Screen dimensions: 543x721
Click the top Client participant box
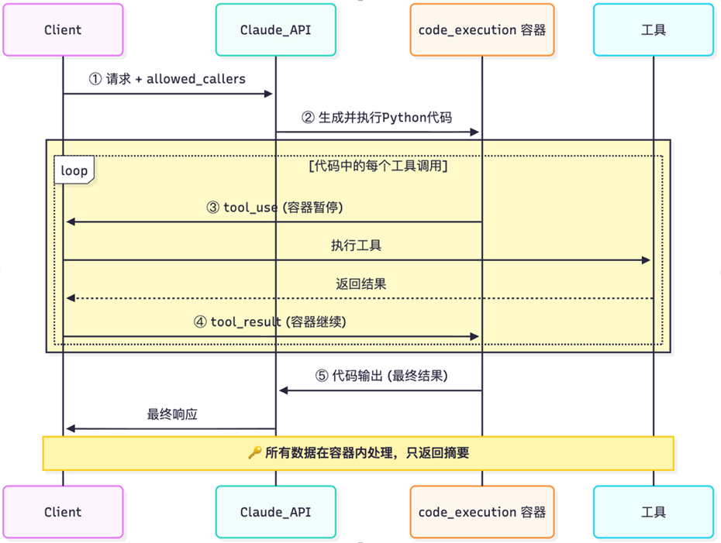click(63, 30)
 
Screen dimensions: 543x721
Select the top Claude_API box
click(275, 30)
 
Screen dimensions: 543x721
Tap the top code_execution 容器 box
click(481, 30)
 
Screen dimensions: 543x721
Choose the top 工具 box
click(654, 30)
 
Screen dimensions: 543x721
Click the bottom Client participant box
click(63, 512)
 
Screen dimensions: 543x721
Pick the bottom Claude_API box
click(275, 512)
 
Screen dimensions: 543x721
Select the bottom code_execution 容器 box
click(481, 512)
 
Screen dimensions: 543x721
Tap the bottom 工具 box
click(654, 512)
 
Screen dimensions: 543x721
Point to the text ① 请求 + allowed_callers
click(167, 79)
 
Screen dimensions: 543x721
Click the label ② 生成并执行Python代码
click(376, 118)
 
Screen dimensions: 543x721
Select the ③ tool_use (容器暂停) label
click(274, 208)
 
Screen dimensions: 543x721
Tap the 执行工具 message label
click(357, 246)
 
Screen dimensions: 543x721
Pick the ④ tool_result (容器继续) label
click(270, 321)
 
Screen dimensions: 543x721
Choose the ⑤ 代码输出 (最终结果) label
click(381, 376)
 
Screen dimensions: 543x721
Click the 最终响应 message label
click(172, 414)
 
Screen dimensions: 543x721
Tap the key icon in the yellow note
click(254, 453)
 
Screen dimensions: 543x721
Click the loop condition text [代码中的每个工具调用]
click(378, 166)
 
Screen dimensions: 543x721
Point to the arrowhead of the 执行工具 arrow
click(646, 260)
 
